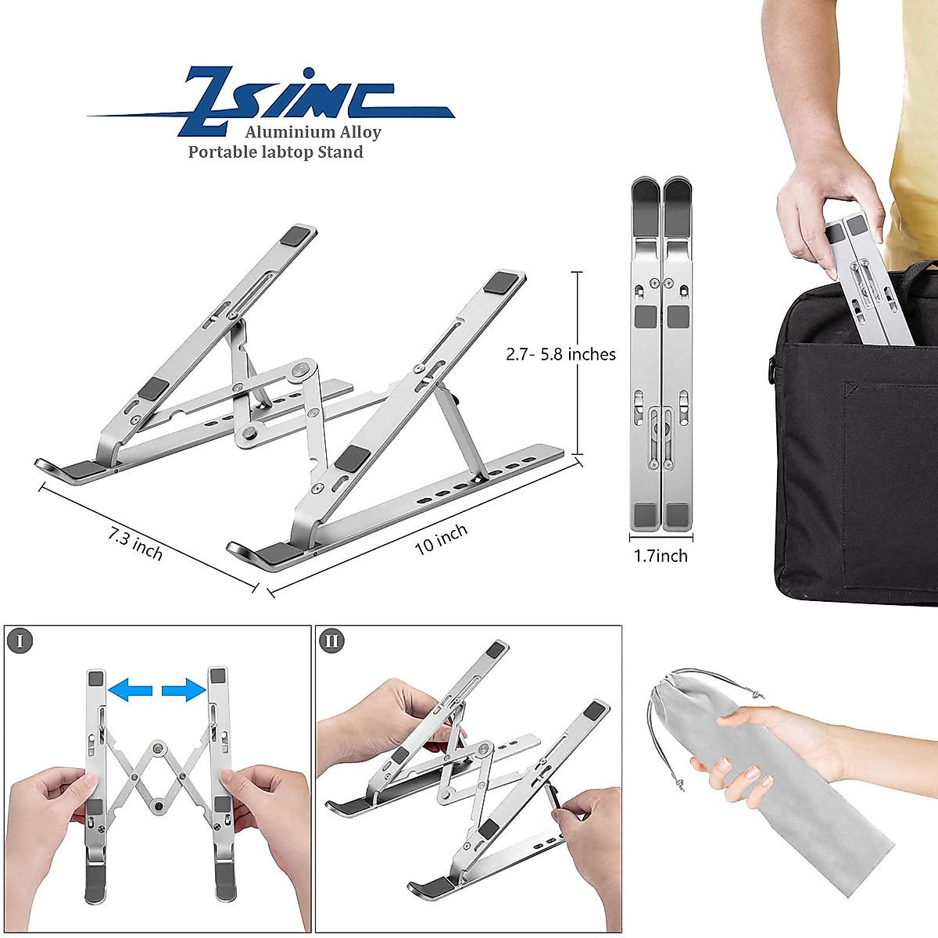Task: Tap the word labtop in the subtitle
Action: point(286,152)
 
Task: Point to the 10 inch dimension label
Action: point(441,539)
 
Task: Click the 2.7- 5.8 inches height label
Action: point(560,354)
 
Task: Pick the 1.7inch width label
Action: point(661,556)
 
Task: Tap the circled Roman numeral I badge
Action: point(20,641)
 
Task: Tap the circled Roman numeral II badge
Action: point(332,641)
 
